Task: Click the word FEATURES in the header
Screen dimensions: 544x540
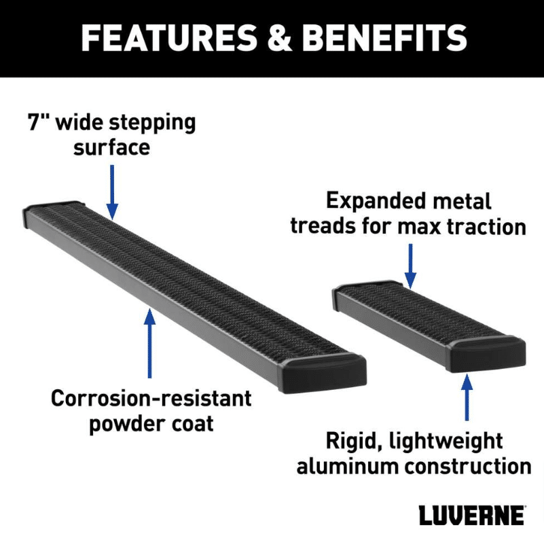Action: pos(169,38)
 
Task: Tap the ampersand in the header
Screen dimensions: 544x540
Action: pos(280,38)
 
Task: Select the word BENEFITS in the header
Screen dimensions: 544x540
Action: pos(385,38)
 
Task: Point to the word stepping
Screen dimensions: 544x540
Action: pos(155,124)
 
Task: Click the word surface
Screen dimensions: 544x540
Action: pos(111,147)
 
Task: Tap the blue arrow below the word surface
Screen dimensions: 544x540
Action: pos(112,192)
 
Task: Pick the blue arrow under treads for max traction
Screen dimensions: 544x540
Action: pos(410,266)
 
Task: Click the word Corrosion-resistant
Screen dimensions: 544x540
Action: pos(151,398)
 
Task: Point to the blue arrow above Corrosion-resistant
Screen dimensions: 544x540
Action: pos(149,343)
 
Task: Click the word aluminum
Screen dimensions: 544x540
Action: pos(348,467)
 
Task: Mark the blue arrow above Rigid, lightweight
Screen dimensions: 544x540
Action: pos(467,397)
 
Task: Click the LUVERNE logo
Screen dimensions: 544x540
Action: pos(472,515)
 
